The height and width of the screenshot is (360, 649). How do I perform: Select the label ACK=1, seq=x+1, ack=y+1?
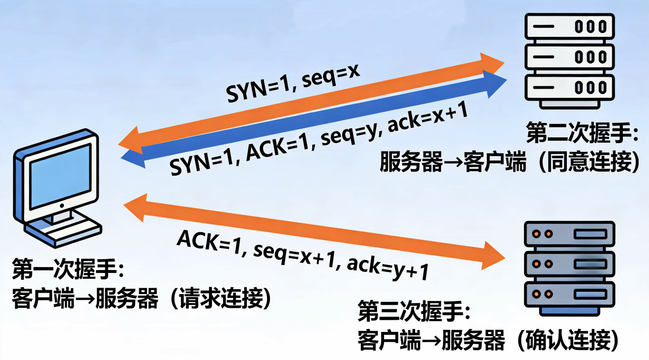[302, 255]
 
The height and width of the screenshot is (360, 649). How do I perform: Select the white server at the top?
[569, 59]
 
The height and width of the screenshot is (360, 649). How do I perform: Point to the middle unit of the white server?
[569, 57]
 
